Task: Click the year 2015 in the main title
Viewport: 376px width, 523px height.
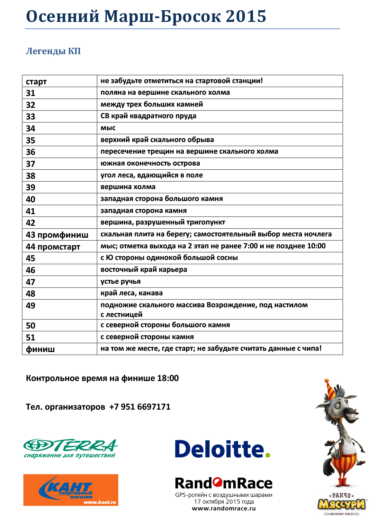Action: pyautogui.click(x=246, y=16)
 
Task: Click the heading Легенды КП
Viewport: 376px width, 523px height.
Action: pyautogui.click(x=53, y=51)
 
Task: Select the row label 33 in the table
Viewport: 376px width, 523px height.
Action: pyautogui.click(x=31, y=117)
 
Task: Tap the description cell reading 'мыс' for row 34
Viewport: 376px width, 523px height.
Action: pyautogui.click(x=108, y=128)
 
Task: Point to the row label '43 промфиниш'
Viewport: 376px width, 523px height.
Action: pyautogui.click(x=57, y=235)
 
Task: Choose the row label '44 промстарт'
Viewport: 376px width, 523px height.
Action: pyautogui.click(x=53, y=247)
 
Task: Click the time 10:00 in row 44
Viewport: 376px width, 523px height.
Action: pyautogui.click(x=316, y=246)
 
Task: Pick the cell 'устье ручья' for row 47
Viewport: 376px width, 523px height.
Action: pyautogui.click(x=121, y=281)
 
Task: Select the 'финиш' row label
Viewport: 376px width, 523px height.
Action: pyautogui.click(x=40, y=349)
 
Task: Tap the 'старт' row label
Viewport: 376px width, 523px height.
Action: pyautogui.click(x=36, y=81)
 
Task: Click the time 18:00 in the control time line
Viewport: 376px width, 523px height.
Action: pyautogui.click(x=168, y=378)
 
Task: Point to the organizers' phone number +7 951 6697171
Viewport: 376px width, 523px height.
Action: pyautogui.click(x=140, y=407)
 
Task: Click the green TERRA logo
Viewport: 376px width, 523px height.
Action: pyautogui.click(x=70, y=448)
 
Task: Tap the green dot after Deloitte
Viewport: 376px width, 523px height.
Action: pyautogui.click(x=268, y=455)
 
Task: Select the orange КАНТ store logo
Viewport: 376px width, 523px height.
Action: pyautogui.click(x=71, y=490)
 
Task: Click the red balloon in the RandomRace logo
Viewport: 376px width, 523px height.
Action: pyautogui.click(x=217, y=482)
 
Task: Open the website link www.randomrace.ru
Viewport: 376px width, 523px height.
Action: pyautogui.click(x=224, y=509)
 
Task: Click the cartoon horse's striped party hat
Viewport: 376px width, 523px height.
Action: pyautogui.click(x=330, y=389)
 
